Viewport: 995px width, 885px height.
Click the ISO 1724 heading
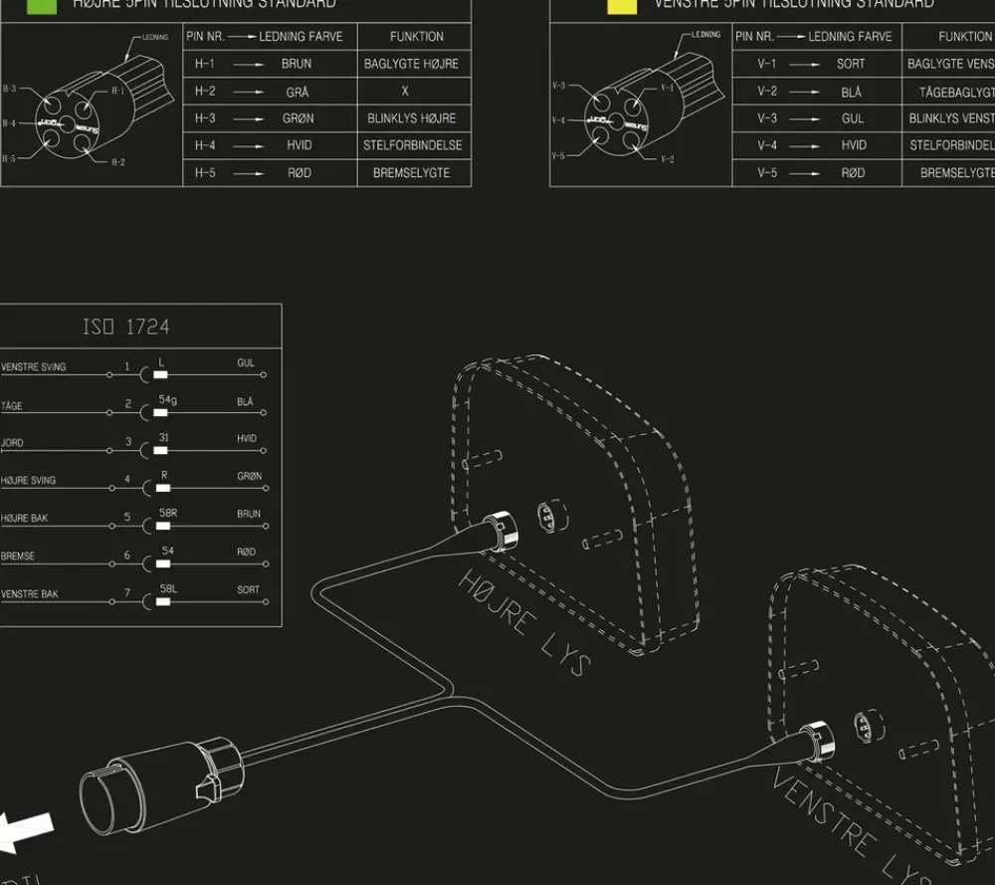pyautogui.click(x=125, y=327)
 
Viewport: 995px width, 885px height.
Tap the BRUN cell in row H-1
pyautogui.click(x=297, y=64)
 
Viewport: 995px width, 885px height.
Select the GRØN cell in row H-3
pyautogui.click(x=298, y=118)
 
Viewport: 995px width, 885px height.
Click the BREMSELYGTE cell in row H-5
pyautogui.click(x=411, y=173)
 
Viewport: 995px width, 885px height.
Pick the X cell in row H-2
pyautogui.click(x=405, y=92)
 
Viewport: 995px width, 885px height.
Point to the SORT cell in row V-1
pyautogui.click(x=851, y=64)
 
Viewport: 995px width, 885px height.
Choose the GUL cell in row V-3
pyautogui.click(x=853, y=118)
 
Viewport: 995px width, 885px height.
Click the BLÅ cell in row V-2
pyautogui.click(x=852, y=92)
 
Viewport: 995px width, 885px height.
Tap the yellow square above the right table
pyautogui.click(x=622, y=5)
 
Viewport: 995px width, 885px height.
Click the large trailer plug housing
pyautogui.click(x=159, y=786)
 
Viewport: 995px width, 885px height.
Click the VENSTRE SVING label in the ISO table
pyautogui.click(x=34, y=367)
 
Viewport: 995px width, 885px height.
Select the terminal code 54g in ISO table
pyautogui.click(x=168, y=400)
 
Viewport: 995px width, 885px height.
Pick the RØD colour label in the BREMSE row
pyautogui.click(x=247, y=553)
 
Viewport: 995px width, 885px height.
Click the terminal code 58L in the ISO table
pyautogui.click(x=168, y=589)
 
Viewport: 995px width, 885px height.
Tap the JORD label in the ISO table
pyautogui.click(x=12, y=443)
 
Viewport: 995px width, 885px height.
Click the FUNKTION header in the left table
pyautogui.click(x=417, y=37)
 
